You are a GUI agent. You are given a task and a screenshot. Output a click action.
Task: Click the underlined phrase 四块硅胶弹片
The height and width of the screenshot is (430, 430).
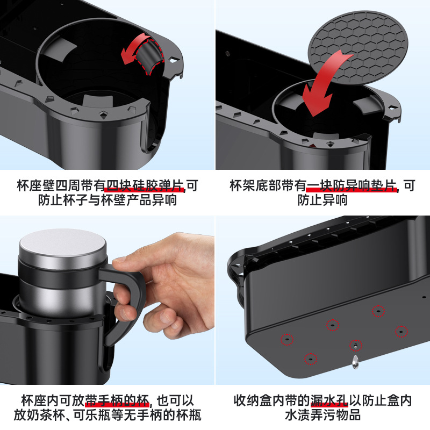pyautogui.click(x=145, y=187)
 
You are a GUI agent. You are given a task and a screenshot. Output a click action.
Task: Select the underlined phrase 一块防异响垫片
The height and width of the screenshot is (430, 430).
pyautogui.click(x=352, y=187)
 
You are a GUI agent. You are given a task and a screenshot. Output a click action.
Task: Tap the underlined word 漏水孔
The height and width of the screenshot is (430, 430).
pyautogui.click(x=330, y=401)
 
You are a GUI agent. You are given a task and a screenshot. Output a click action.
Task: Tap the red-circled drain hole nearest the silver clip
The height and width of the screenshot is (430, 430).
pyautogui.click(x=355, y=345)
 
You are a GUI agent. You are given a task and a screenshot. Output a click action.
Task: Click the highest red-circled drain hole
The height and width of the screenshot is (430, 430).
pyautogui.click(x=378, y=311)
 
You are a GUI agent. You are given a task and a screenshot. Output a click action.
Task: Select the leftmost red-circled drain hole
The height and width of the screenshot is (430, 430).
pyautogui.click(x=287, y=339)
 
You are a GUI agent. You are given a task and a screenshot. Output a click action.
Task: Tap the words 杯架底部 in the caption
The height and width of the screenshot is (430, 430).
pyautogui.click(x=250, y=187)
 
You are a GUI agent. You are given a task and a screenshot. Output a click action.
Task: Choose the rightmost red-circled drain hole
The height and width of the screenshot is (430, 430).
pyautogui.click(x=401, y=331)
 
